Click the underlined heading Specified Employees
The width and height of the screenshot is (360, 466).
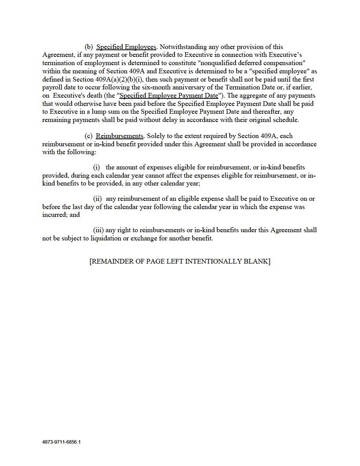(x=126, y=47)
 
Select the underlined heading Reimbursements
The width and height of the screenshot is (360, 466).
(x=119, y=136)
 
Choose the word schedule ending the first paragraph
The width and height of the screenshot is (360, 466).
(x=286, y=120)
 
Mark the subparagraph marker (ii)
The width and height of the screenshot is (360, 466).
(x=97, y=199)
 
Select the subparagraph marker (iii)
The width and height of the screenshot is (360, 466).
(x=98, y=230)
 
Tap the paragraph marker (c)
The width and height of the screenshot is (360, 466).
(x=89, y=136)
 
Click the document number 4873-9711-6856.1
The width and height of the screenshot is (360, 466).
(x=62, y=442)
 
